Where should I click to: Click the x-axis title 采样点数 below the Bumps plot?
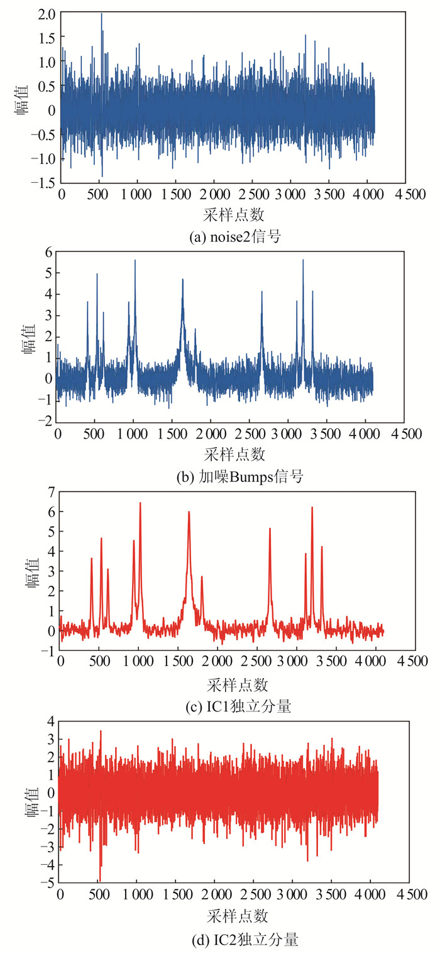point(235,453)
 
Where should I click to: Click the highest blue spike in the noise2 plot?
point(102,14)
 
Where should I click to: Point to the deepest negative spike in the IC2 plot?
point(99,881)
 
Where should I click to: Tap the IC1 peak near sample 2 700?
point(270,529)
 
